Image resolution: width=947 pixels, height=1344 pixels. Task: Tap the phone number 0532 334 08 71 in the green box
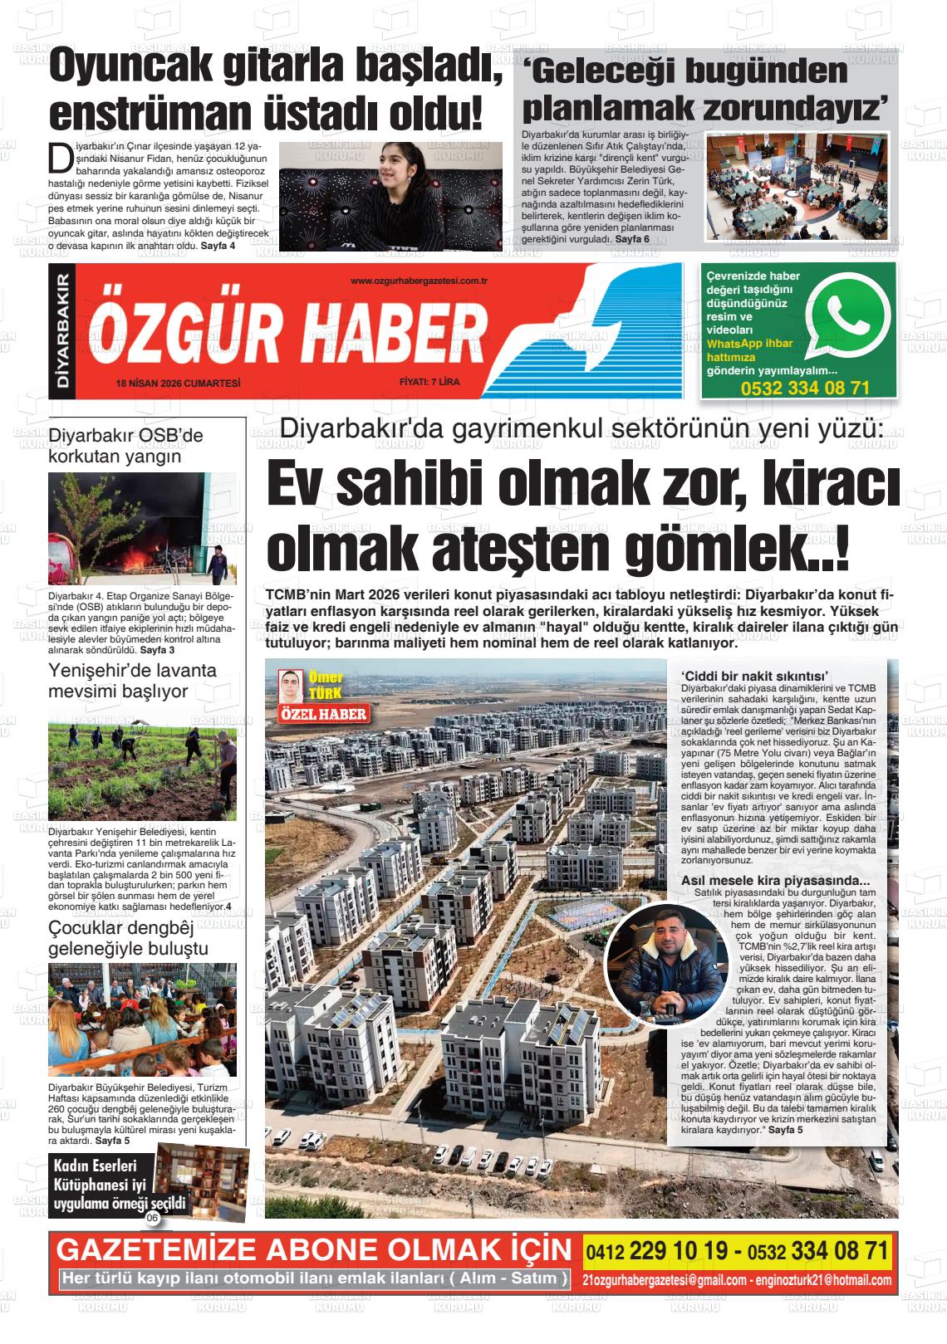805,388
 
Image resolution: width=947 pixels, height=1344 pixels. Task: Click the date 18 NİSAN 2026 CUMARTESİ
179,383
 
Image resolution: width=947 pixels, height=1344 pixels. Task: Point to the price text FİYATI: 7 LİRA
429,383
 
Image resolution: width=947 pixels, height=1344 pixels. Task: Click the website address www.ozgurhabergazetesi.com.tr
419,281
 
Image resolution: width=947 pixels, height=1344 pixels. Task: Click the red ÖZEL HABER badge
323,713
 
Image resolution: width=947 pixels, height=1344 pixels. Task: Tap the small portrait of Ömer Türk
290,686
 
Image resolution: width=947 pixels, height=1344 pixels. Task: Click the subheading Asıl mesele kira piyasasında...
775,881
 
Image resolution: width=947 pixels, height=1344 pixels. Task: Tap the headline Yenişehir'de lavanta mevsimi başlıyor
132,681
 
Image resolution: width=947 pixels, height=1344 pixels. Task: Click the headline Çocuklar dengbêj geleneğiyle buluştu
129,938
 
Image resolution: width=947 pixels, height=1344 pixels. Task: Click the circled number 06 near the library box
152,1218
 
